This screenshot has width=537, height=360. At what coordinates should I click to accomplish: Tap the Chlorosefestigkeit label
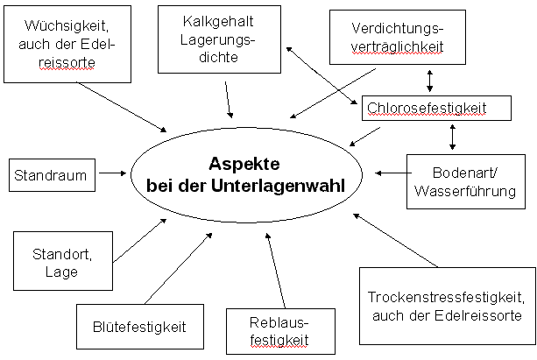tap(427, 109)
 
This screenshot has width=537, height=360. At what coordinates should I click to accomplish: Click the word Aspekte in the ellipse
tap(244, 164)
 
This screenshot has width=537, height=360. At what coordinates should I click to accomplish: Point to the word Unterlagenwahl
tap(278, 186)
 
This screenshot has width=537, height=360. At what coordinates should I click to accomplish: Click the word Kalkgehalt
tap(218, 22)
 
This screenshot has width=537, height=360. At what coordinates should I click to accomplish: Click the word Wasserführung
tap(465, 191)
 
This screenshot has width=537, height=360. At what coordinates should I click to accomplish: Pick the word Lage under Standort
tap(61, 272)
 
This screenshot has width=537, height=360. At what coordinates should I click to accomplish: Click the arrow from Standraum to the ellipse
tap(113, 173)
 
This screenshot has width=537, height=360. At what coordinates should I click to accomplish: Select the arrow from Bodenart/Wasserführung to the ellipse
tap(393, 173)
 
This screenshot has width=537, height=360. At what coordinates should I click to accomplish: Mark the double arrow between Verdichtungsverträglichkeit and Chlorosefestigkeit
tap(430, 81)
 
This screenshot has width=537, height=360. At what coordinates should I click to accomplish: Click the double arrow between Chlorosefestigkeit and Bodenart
tap(452, 137)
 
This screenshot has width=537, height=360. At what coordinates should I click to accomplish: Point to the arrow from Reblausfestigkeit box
tap(276, 271)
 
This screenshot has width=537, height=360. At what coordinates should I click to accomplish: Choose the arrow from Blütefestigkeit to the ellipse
tap(179, 269)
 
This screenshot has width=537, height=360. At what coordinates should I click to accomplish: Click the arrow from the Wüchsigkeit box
tap(121, 107)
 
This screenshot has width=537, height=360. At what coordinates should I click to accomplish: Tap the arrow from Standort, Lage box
tap(140, 241)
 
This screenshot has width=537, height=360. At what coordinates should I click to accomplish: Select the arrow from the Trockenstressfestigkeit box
tap(396, 240)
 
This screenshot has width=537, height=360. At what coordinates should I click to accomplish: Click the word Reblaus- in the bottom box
tap(279, 323)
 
